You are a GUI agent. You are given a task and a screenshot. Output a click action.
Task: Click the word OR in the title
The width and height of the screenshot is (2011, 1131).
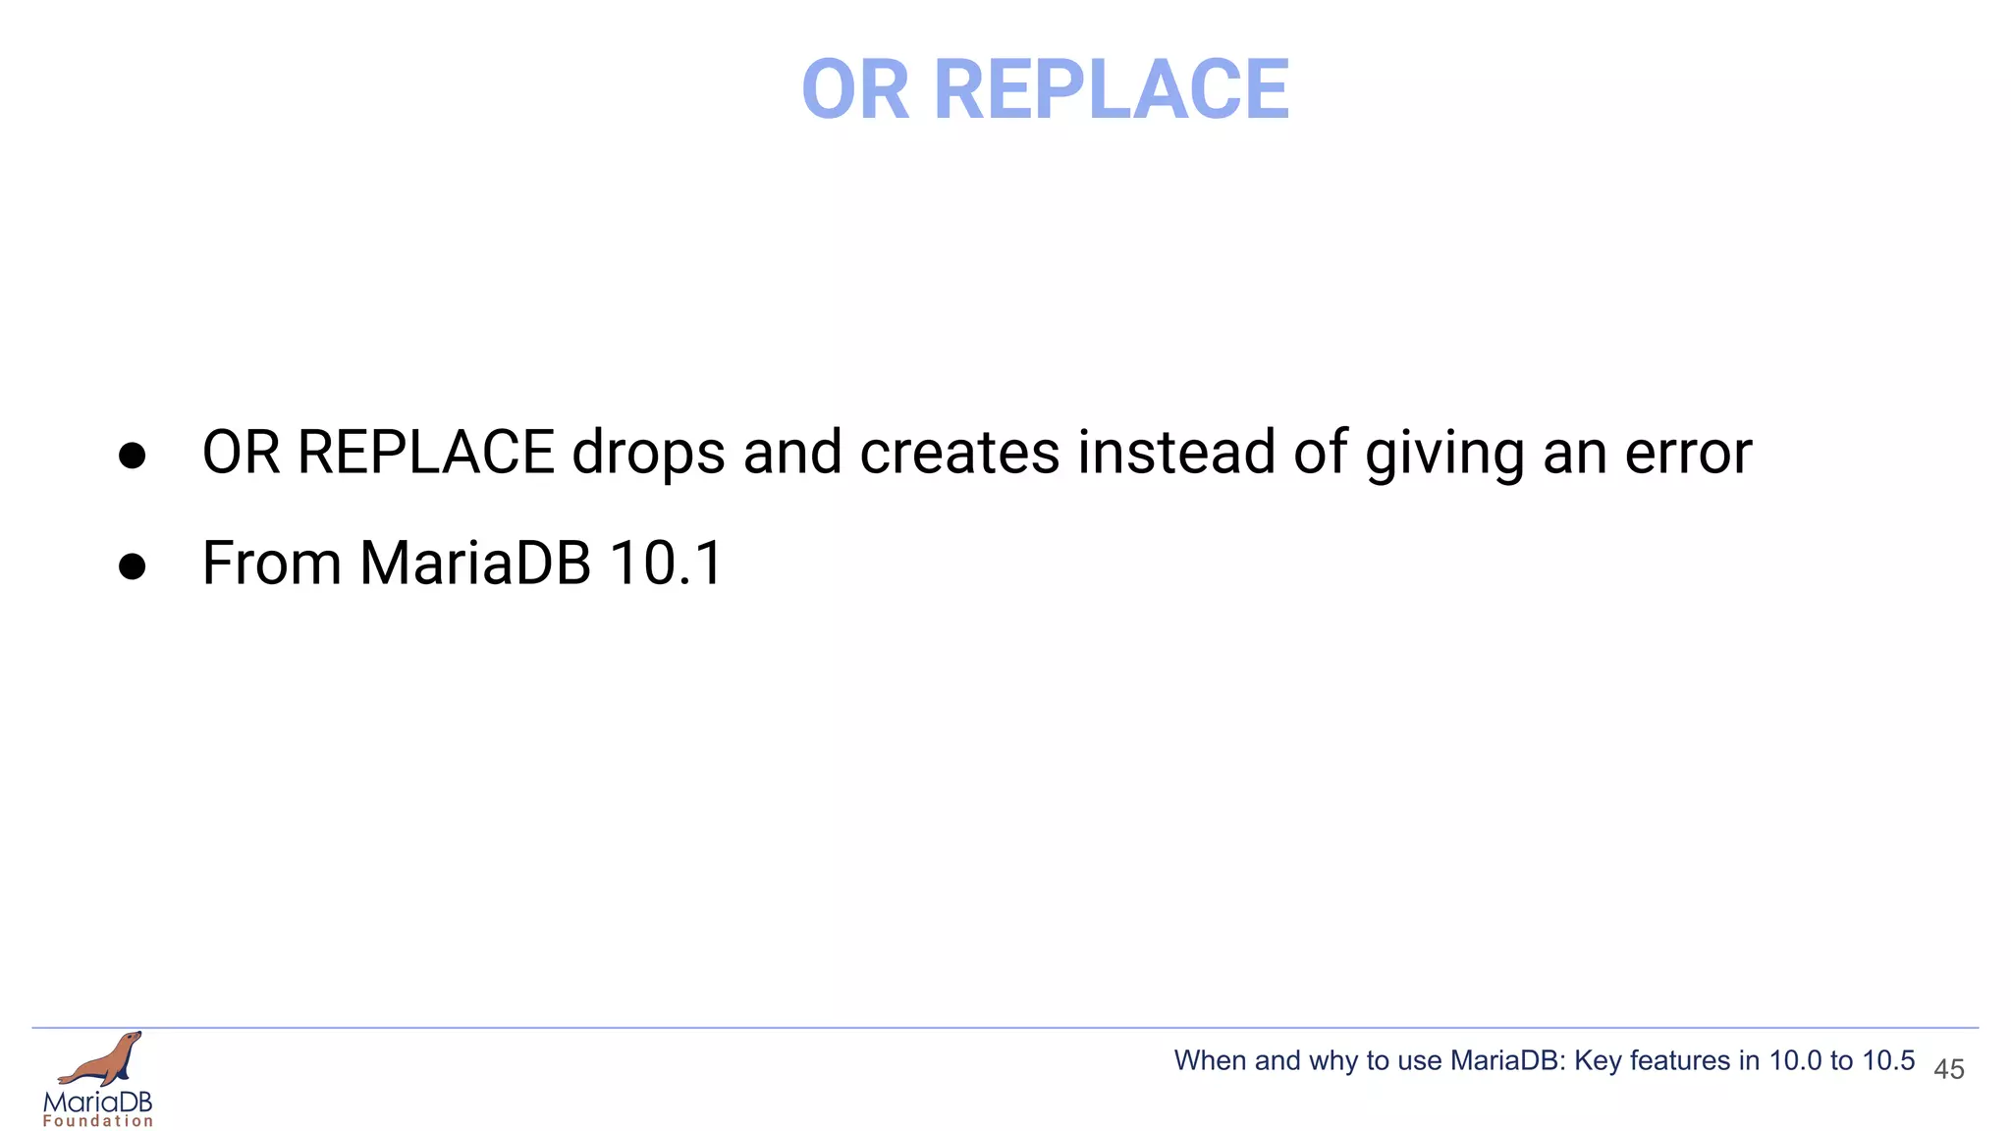(x=855, y=90)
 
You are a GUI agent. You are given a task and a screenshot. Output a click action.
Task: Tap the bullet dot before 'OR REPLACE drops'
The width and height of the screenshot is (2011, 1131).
(x=132, y=456)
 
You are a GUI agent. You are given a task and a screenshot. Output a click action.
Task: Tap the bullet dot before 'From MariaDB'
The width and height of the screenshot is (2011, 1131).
(x=132, y=566)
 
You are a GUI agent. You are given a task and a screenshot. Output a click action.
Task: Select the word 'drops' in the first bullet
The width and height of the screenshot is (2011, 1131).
(x=648, y=454)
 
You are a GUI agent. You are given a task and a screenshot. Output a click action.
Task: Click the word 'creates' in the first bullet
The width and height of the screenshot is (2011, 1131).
(x=959, y=454)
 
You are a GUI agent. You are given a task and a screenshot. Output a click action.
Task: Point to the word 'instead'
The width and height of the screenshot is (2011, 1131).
(x=1176, y=454)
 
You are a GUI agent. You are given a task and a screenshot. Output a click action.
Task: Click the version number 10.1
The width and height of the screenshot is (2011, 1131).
(x=666, y=565)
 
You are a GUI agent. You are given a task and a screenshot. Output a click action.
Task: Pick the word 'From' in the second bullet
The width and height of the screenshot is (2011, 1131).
(x=271, y=565)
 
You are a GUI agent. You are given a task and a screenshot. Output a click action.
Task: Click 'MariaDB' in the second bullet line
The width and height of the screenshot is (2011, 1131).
(x=475, y=565)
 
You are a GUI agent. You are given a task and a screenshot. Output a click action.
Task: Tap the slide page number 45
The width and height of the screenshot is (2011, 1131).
(x=1948, y=1069)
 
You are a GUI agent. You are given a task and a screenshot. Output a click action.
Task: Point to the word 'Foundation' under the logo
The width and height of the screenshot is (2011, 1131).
(x=98, y=1121)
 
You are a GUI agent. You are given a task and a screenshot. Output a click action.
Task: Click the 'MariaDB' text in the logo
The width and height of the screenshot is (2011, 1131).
(x=98, y=1102)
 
